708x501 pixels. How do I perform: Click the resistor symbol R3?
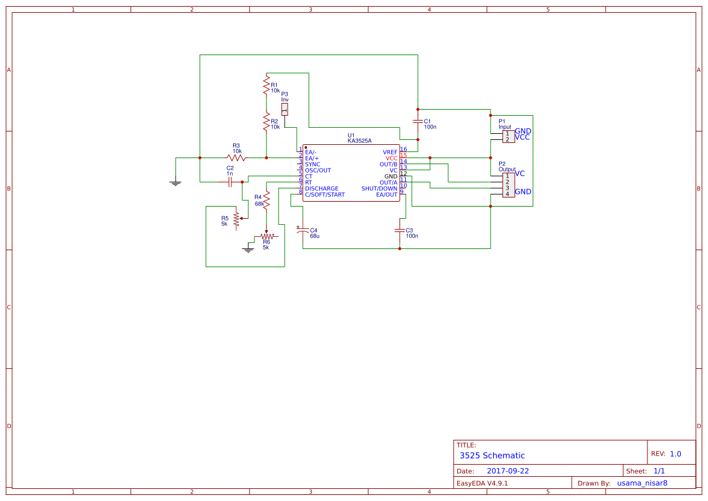click(236, 158)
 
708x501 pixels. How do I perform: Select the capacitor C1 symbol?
click(417, 121)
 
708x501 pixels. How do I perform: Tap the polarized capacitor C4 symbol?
click(303, 230)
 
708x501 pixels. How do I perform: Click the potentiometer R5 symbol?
click(236, 217)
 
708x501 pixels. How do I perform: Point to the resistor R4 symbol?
click(266, 200)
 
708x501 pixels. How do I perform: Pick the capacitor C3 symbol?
click(399, 230)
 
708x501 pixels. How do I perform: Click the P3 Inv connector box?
click(285, 109)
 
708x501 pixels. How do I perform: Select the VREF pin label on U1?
click(390, 151)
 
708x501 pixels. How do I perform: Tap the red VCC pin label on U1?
click(391, 158)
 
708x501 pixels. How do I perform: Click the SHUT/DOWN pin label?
click(379, 188)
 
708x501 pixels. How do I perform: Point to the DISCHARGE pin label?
click(322, 188)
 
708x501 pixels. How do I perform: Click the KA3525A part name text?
click(360, 141)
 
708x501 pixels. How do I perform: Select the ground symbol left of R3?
click(176, 182)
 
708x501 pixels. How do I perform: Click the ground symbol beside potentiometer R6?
click(248, 248)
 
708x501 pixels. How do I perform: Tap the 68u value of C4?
click(314, 236)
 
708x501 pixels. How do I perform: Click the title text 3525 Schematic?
click(492, 456)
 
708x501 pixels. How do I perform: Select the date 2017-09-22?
click(508, 471)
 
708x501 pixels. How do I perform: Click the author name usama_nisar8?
click(642, 483)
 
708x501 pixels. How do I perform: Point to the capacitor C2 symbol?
click(230, 182)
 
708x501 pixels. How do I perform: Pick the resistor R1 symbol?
click(266, 85)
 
